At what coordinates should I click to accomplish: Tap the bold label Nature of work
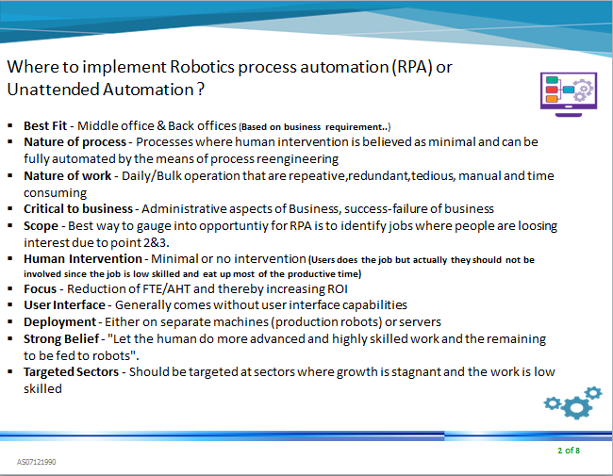[x=64, y=175]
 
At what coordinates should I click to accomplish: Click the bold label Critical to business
[x=77, y=208]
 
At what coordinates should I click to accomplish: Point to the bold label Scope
[x=42, y=226]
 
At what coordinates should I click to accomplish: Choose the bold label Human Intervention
[x=84, y=259]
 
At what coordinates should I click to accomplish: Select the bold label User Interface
[x=65, y=305]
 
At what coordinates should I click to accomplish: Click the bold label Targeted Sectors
[x=72, y=371]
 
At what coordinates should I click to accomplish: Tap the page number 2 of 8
[x=568, y=451]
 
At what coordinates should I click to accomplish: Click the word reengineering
[x=290, y=157]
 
